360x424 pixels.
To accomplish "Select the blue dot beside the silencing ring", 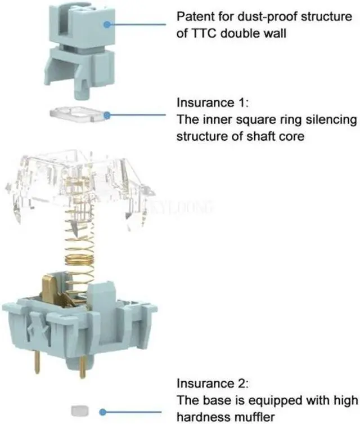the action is [106, 114].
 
